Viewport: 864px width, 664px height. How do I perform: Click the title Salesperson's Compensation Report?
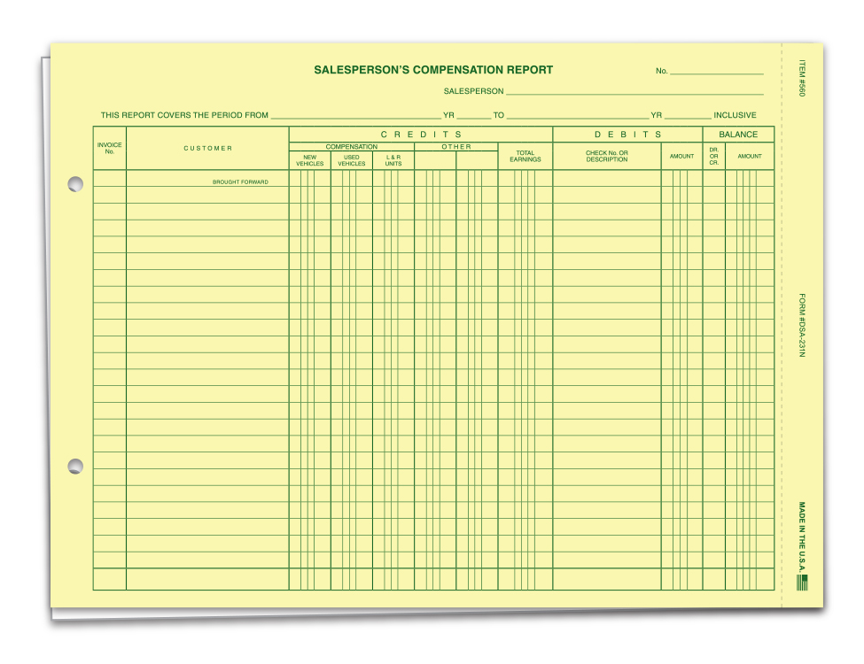point(433,70)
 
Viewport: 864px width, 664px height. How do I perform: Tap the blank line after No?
point(716,72)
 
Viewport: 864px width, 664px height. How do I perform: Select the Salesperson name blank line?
point(634,92)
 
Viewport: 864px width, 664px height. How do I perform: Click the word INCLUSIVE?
point(735,115)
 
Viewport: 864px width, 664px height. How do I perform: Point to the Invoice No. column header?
point(110,148)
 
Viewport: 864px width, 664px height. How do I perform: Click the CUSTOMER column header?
point(208,148)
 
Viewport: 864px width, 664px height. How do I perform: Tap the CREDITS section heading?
point(421,135)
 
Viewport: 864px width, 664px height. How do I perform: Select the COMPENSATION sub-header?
point(351,147)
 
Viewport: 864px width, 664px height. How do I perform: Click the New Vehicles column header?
point(309,160)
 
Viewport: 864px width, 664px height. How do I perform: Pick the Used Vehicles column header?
point(351,160)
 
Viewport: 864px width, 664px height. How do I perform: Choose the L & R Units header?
point(393,160)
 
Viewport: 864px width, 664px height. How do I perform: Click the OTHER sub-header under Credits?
point(456,147)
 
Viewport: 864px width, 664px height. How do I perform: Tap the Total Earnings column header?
point(525,156)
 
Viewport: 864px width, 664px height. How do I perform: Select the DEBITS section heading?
point(627,135)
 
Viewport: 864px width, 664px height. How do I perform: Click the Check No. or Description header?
point(607,156)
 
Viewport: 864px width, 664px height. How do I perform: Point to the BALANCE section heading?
point(738,135)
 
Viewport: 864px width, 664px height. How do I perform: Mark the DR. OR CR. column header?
point(713,156)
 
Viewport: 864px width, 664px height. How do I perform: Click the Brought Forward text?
point(240,182)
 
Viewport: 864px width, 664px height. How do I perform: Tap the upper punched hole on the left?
point(75,184)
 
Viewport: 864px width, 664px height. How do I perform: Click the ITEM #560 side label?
point(801,79)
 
